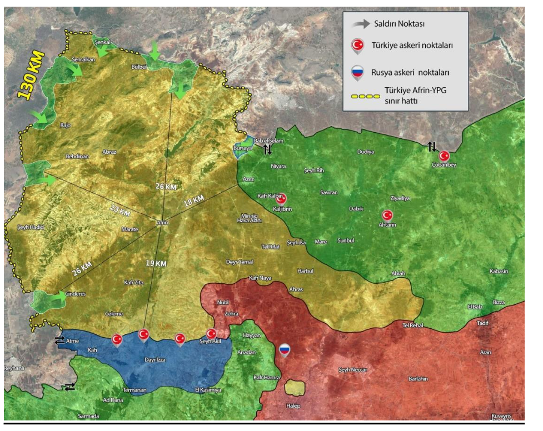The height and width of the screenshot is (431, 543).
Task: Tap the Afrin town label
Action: (162, 223)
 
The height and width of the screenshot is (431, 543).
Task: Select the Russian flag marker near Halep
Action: (285, 349)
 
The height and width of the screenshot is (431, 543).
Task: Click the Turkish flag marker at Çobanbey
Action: (444, 156)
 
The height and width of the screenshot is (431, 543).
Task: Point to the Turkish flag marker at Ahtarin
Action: (387, 215)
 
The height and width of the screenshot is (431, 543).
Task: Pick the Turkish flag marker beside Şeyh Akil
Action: (211, 333)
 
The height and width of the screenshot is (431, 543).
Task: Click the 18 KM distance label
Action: (195, 198)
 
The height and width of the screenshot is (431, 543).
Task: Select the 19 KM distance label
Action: (157, 263)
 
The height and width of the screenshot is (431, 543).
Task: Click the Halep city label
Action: (293, 406)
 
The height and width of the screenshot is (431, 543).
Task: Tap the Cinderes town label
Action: (77, 294)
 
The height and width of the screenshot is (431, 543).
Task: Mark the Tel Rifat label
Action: (271, 247)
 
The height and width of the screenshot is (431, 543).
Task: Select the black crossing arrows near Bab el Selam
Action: (267, 149)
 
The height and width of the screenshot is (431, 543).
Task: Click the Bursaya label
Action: (242, 149)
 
